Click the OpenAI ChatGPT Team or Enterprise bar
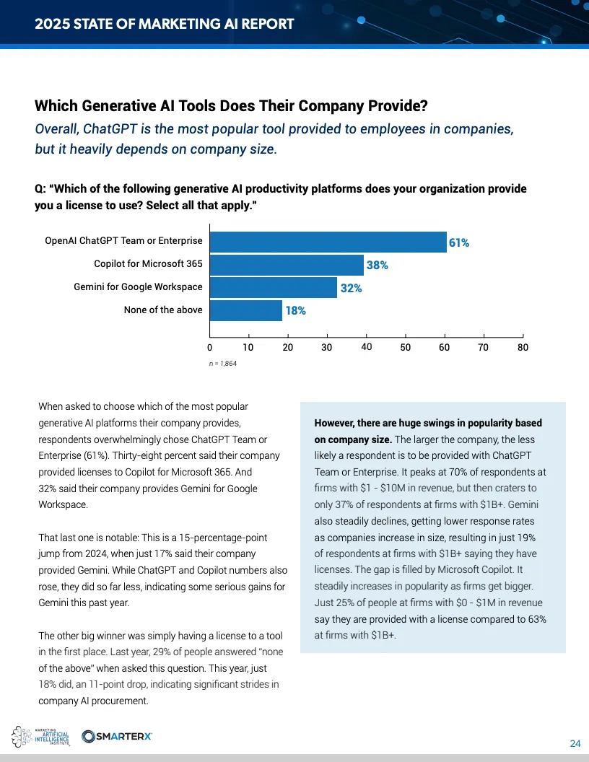tap(328, 242)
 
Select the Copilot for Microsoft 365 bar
tap(287, 265)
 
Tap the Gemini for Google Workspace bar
tap(274, 288)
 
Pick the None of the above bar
tap(246, 310)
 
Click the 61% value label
tap(459, 243)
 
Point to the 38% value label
tap(378, 266)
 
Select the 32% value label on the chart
tap(351, 288)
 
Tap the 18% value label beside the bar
tap(296, 311)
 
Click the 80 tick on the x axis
tap(523, 348)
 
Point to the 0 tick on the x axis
tap(210, 348)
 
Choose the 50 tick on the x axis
tap(405, 348)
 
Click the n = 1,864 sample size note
tap(223, 364)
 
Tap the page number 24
tap(575, 744)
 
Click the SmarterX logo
tap(117, 736)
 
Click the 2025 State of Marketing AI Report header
tap(165, 24)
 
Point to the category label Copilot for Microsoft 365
tap(148, 264)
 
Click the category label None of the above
tap(163, 310)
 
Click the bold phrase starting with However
tap(428, 430)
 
